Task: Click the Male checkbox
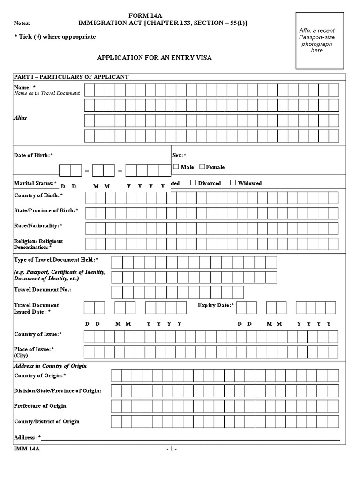(x=176, y=166)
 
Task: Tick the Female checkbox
(x=202, y=166)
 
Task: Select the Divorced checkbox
(x=193, y=183)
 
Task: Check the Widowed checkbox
(x=233, y=183)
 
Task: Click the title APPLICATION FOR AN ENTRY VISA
(x=154, y=58)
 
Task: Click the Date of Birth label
(x=33, y=155)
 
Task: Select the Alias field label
(x=20, y=118)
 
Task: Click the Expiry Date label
(x=216, y=305)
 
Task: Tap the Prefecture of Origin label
(x=40, y=405)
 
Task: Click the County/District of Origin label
(x=47, y=421)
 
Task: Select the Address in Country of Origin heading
(x=51, y=365)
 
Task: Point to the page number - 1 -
(x=171, y=449)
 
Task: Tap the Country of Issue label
(x=38, y=334)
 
